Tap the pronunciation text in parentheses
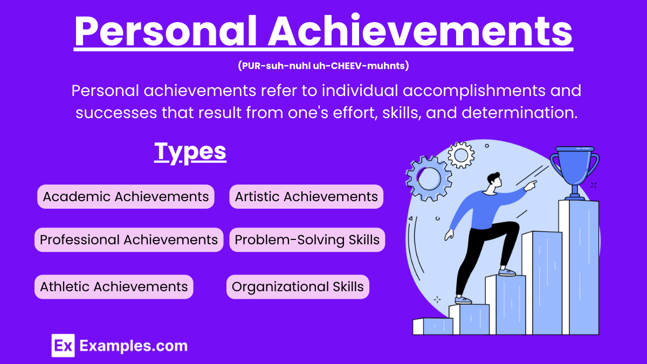click(x=323, y=66)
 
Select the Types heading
click(x=190, y=152)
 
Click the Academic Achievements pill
click(x=126, y=196)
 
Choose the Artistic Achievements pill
click(x=306, y=196)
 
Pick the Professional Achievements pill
click(x=129, y=239)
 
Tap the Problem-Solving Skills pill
click(x=307, y=239)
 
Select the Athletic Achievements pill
click(x=114, y=286)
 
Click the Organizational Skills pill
click(x=298, y=286)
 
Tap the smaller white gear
click(x=461, y=155)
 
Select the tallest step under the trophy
click(x=579, y=264)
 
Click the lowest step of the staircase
click(x=432, y=326)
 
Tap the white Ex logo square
click(x=63, y=345)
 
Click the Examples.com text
click(x=133, y=346)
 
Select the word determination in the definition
click(x=521, y=113)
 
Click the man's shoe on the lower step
click(x=463, y=299)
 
